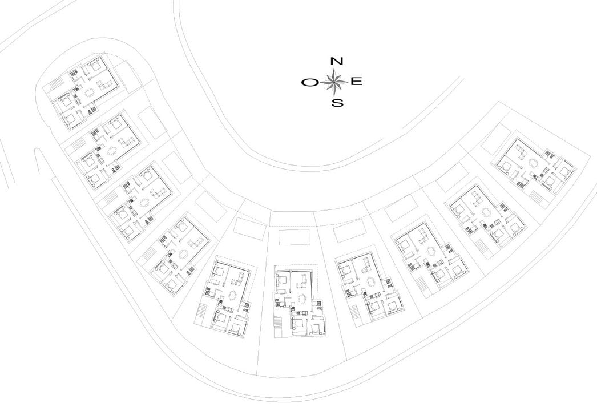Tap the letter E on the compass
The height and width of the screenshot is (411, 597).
(356, 82)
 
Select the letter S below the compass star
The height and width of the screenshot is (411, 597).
(337, 103)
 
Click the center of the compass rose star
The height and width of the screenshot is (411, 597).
(334, 82)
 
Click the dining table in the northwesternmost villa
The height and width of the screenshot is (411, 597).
(89, 92)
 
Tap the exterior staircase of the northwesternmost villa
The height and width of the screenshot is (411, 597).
(57, 83)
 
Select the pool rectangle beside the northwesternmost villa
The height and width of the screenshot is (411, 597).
(124, 78)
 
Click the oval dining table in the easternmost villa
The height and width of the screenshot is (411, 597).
(535, 163)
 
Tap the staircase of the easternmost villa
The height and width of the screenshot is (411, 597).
(537, 198)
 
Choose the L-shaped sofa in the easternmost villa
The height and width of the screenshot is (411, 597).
(521, 152)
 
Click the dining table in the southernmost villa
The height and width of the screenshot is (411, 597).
(303, 298)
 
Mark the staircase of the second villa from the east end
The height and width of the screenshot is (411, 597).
(482, 247)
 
